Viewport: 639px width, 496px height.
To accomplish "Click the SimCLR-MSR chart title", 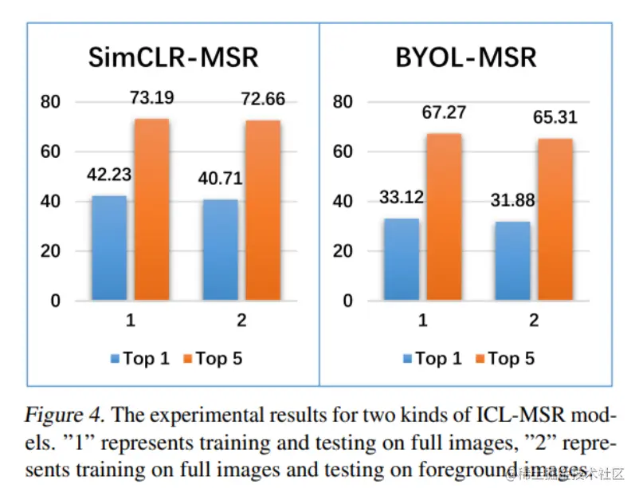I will point(173,58).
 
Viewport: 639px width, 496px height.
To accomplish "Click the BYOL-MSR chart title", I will point(465,58).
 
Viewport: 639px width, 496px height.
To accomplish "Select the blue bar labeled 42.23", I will point(109,248).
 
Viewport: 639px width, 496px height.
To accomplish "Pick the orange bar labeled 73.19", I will point(151,210).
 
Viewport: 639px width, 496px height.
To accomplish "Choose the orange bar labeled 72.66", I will point(263,211).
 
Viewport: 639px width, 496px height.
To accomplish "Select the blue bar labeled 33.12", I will point(402,259).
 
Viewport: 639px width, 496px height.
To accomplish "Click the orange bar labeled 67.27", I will point(444,217).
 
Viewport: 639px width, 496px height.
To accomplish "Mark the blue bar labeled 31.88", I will point(513,261).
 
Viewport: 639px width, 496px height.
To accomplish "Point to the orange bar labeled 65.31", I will point(555,219).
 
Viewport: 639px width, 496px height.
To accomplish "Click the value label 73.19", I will point(151,100).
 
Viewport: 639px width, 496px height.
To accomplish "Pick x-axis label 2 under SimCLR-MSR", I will point(242,321).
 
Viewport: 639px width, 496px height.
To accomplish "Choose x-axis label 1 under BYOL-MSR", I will point(422,321).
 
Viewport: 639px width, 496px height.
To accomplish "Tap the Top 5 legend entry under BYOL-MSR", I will point(507,359).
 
